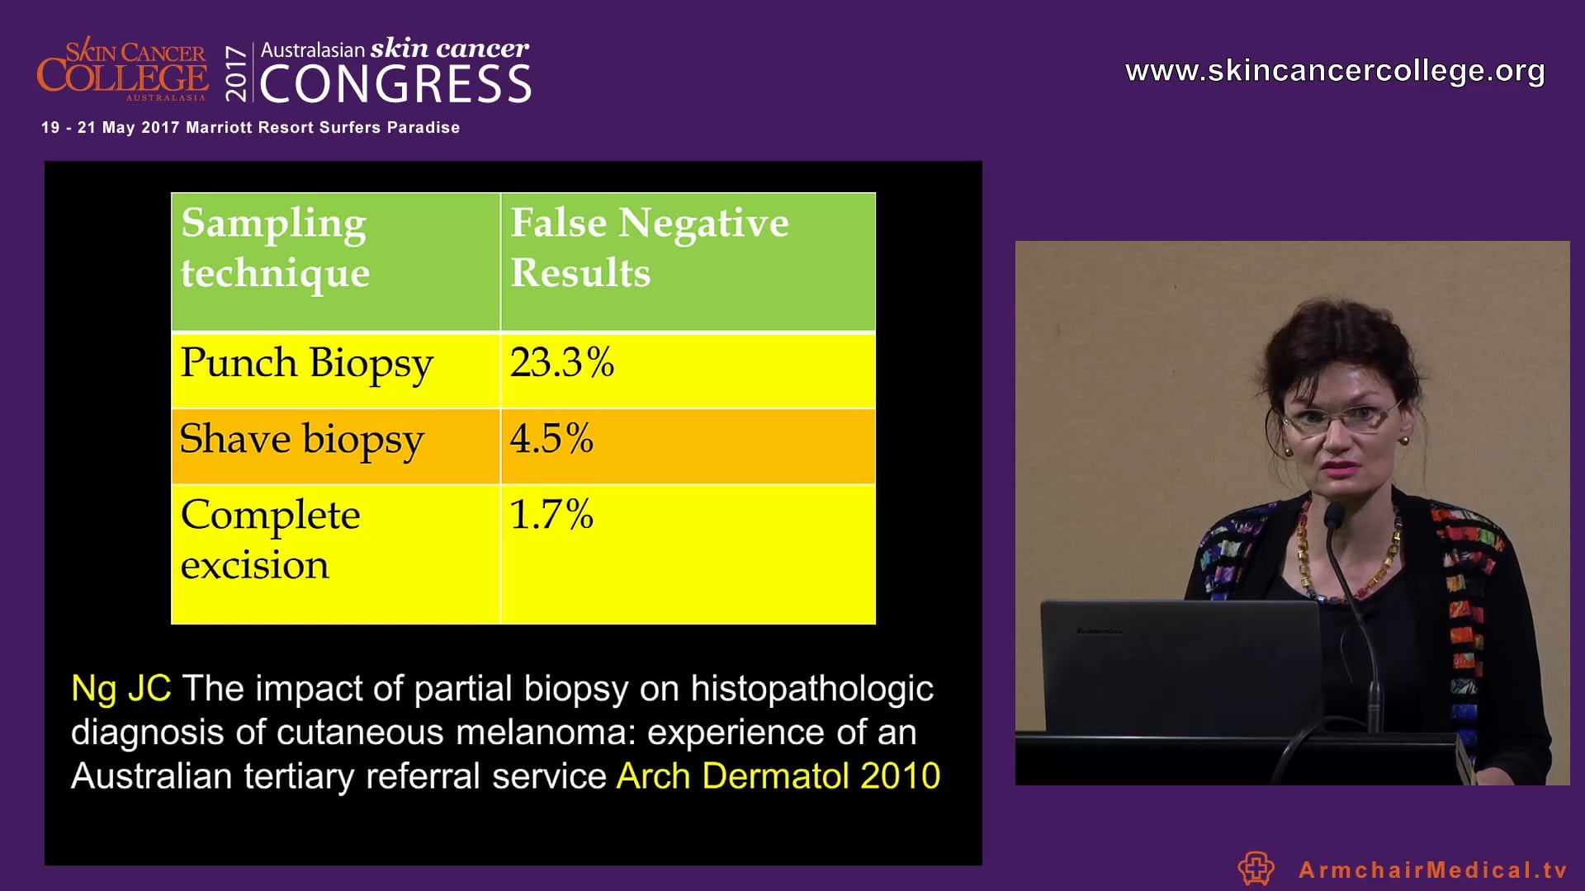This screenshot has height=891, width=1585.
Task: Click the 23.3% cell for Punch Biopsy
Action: [562, 362]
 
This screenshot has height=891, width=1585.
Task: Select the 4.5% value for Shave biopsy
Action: [551, 438]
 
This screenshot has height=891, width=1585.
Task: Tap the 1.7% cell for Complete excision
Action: [551, 514]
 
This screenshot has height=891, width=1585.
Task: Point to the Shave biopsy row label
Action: [302, 440]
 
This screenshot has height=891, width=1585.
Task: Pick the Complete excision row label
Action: [270, 540]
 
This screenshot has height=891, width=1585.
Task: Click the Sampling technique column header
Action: [275, 247]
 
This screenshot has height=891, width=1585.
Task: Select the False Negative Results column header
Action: [650, 247]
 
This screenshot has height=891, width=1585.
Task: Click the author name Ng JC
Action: [121, 688]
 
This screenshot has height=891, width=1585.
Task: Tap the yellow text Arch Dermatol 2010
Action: [778, 775]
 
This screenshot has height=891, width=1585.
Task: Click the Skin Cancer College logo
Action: [122, 69]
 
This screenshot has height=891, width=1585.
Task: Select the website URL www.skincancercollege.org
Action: [1335, 71]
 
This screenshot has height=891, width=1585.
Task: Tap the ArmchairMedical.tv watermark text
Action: [1432, 870]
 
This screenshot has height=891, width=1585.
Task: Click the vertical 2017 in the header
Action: [237, 73]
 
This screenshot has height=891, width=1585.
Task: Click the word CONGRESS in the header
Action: [396, 84]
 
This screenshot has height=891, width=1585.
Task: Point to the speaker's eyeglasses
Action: [1344, 419]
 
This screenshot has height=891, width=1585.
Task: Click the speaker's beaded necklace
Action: [1347, 553]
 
